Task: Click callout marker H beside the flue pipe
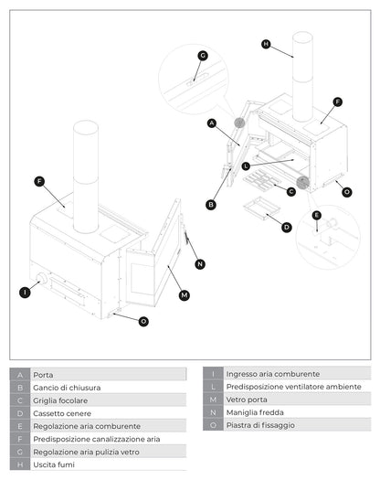(266, 44)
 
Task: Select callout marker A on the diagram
(211, 123)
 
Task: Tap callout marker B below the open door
(211, 205)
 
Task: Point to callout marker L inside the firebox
(246, 165)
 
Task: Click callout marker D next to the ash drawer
(287, 227)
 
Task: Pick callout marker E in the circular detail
(316, 216)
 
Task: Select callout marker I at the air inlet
(25, 293)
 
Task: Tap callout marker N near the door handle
(200, 264)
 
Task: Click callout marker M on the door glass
(185, 294)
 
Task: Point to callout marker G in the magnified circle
(203, 56)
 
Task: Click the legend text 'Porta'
(43, 375)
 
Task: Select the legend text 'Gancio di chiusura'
(67, 388)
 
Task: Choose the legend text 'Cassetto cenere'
(62, 413)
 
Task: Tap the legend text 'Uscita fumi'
(54, 464)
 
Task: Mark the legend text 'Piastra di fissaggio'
(262, 425)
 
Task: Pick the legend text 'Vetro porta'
(248, 400)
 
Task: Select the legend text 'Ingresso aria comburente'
(272, 374)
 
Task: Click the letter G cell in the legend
(20, 452)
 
